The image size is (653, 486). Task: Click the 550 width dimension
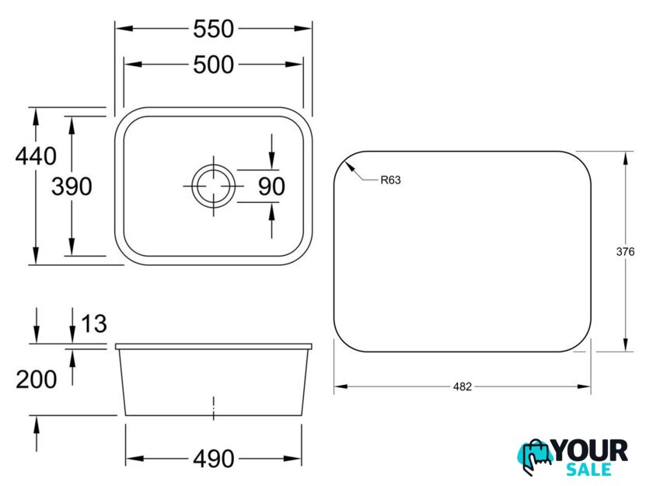click(213, 29)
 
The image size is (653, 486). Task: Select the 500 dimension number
click(213, 65)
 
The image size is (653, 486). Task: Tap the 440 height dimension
click(36, 156)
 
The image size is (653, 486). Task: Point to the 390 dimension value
click(72, 186)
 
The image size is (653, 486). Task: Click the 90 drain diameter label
click(271, 186)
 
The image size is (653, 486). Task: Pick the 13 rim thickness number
click(94, 323)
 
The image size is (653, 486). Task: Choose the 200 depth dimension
click(37, 379)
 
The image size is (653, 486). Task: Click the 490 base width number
click(213, 459)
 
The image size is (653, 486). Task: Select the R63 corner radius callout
click(390, 180)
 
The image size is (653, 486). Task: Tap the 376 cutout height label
click(625, 251)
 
